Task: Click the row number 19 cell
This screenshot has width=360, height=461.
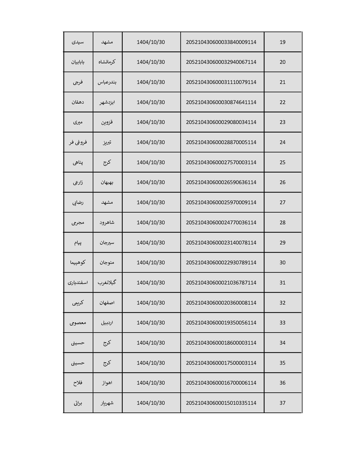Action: pyautogui.click(x=283, y=42)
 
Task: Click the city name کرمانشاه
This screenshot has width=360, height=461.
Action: pyautogui.click(x=107, y=62)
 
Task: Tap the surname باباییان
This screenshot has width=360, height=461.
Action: pyautogui.click(x=78, y=62)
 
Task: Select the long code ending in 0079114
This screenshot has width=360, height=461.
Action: pyautogui.click(x=221, y=82)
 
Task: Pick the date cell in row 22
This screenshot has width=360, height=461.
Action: pyautogui.click(x=151, y=102)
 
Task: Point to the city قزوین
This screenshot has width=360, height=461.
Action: pyautogui.click(x=107, y=122)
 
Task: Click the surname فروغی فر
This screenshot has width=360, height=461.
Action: pyautogui.click(x=78, y=142)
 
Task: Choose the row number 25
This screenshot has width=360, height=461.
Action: pyautogui.click(x=283, y=162)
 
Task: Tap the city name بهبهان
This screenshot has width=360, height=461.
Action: pyautogui.click(x=107, y=182)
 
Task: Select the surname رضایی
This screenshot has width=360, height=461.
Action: pyautogui.click(x=78, y=202)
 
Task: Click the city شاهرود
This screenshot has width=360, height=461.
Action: pyautogui.click(x=107, y=222)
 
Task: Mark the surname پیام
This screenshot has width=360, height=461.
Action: pyautogui.click(x=78, y=243)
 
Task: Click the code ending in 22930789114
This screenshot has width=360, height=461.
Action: pyautogui.click(x=221, y=262)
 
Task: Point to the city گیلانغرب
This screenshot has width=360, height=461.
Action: pyautogui.click(x=107, y=283)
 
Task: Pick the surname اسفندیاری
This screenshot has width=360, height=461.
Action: pyautogui.click(x=78, y=283)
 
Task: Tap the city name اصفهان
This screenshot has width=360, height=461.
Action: pyautogui.click(x=107, y=303)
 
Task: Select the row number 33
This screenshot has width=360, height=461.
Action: pyautogui.click(x=283, y=322)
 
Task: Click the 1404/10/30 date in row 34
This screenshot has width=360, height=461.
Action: pyautogui.click(x=151, y=343)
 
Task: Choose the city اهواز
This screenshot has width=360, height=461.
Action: pyautogui.click(x=107, y=383)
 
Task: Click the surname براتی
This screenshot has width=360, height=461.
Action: pyautogui.click(x=78, y=403)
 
